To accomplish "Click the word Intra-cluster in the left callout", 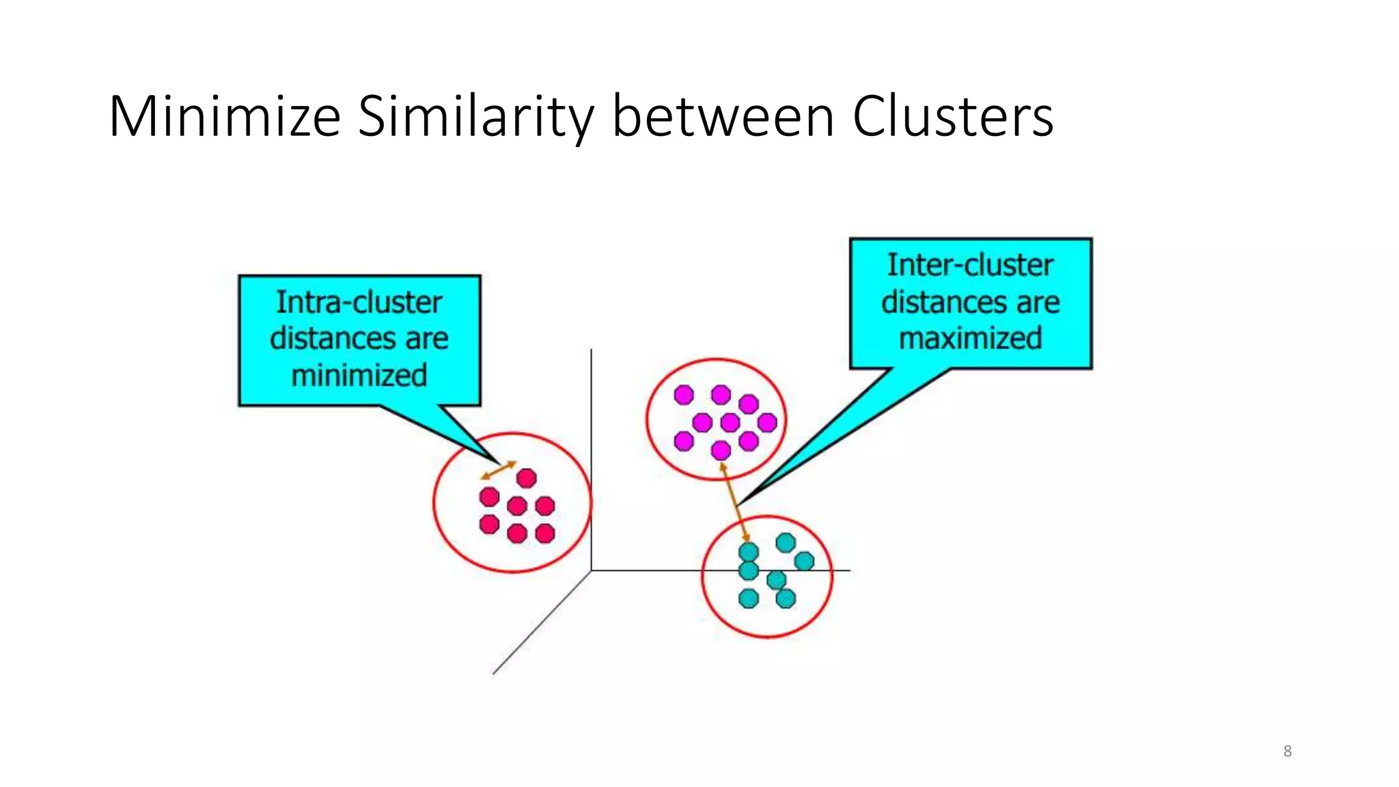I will (x=359, y=303).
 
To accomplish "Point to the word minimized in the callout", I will (x=359, y=376).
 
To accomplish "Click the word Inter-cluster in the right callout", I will (x=970, y=265).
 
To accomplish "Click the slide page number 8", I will (x=1287, y=751).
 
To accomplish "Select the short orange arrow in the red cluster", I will (x=498, y=471).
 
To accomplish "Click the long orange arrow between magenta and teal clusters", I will (x=735, y=503).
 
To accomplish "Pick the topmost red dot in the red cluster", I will (x=527, y=478).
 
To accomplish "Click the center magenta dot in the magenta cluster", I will (x=730, y=423).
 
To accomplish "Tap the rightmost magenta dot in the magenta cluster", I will (x=767, y=423).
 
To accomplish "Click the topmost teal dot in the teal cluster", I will (x=786, y=543).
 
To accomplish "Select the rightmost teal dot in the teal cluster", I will (x=805, y=561).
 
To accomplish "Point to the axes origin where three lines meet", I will (x=591, y=570).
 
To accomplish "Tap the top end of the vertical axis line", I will (x=591, y=350).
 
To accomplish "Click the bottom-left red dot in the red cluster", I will (x=489, y=524).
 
